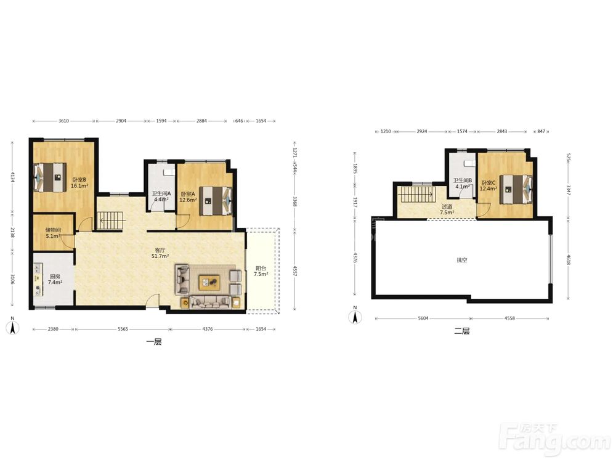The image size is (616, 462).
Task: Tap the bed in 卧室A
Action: coord(216,201)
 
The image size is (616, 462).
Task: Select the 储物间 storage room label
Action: coord(53,230)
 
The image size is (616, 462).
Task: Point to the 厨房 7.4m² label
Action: coord(55,279)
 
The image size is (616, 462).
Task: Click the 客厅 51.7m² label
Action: coord(160,253)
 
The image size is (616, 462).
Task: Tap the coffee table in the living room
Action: coord(209,282)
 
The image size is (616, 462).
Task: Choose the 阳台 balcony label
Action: coord(261,269)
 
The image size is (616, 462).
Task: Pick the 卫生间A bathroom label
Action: coord(161,193)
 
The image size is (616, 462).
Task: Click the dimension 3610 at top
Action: coord(63,121)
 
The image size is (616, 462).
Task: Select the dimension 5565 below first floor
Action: coord(123,329)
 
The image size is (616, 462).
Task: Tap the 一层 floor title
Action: coord(154,342)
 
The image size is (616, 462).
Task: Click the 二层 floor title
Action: coord(462,331)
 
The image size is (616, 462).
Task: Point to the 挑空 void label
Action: coord(462,260)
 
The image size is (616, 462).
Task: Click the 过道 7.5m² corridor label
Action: coord(447,209)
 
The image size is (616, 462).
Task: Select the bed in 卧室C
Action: coord(516,189)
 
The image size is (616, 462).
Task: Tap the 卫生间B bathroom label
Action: coord(463,180)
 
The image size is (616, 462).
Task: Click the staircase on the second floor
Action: coord(417,194)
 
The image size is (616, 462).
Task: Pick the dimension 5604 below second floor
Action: coord(423,318)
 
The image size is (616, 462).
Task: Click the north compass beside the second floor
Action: coord(355,315)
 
